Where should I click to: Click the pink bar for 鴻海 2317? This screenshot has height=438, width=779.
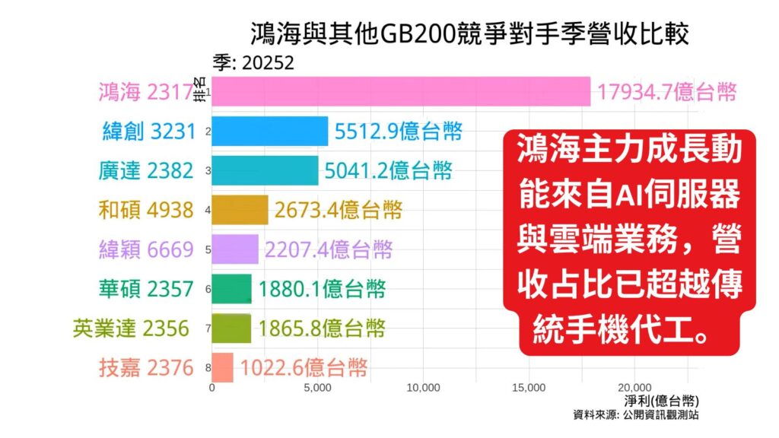pos(401,91)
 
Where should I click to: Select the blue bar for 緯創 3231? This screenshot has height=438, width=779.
pos(269,131)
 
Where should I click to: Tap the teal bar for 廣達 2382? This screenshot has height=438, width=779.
pos(265,170)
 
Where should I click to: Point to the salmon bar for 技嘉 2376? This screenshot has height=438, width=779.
pos(222,368)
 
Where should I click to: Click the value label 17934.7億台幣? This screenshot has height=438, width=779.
pos(667,92)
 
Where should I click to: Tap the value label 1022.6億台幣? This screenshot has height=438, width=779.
pos(304,368)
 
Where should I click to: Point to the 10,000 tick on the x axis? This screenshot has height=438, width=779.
pos(424,387)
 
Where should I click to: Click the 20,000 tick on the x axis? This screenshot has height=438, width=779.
pos(636,387)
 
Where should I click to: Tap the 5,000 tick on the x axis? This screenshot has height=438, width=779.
pos(317,387)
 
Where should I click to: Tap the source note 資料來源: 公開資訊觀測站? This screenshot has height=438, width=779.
pos(637,415)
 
